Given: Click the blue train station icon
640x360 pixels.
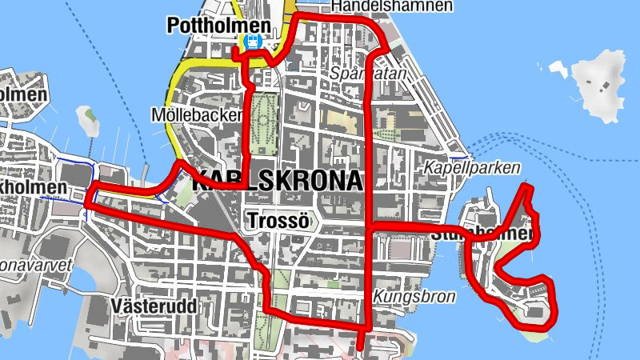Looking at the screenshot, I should pos(254,42).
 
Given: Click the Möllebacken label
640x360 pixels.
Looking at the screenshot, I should pos(194,115).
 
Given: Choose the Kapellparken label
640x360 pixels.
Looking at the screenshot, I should pos(472,168).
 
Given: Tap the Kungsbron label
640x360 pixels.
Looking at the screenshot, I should pos(414,297).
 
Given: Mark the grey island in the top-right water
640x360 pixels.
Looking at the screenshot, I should pos(601,83).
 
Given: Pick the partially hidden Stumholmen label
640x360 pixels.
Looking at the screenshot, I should pos(480,234).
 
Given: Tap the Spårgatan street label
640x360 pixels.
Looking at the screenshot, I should pos(368,73).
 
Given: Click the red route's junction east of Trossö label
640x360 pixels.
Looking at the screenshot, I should pos(367,229).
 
